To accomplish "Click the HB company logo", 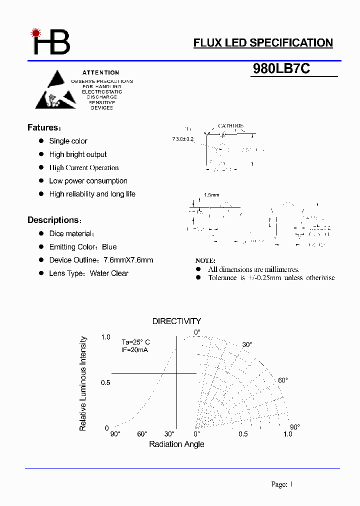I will [x=51, y=41].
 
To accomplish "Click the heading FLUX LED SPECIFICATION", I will [x=263, y=43].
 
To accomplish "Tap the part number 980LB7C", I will [x=281, y=69].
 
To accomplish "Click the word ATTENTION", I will [x=101, y=72].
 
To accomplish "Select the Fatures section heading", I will [x=43, y=127].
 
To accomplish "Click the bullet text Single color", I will [x=68, y=141].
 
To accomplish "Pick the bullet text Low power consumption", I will [x=88, y=181].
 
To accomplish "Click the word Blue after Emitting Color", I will [x=109, y=247].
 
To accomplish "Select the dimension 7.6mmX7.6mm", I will [x=128, y=260].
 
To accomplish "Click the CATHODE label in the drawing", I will [x=230, y=126].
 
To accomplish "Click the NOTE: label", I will [x=205, y=260].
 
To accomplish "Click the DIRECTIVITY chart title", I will [x=176, y=321].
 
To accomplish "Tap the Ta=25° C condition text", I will [x=135, y=342].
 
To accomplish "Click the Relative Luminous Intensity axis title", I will [x=83, y=383].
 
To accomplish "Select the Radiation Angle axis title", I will [x=176, y=444].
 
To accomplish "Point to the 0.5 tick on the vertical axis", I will [x=105, y=382].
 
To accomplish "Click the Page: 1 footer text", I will [x=281, y=484].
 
